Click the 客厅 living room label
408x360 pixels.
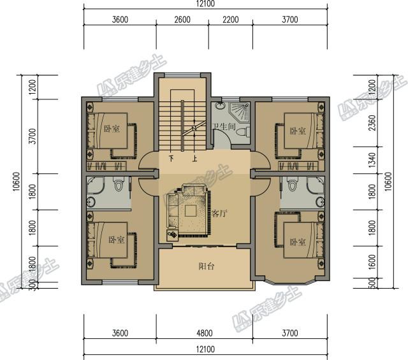pos(219,213)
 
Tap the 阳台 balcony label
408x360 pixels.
pos(207,266)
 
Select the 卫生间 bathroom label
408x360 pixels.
pos(224,127)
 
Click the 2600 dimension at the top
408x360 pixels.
pos(182,20)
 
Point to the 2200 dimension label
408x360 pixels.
pos(230,20)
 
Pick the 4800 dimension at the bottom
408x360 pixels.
pos(204,333)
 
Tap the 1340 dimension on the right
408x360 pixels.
pos(372,160)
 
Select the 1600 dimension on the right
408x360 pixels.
pos(372,263)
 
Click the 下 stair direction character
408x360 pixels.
pos(171,158)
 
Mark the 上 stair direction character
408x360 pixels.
pos(194,158)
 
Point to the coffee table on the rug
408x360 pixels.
pos(191,210)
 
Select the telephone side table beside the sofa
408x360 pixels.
pos(172,235)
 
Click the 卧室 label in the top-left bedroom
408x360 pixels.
pos(112,129)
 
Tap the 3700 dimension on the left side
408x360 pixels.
pos(33,136)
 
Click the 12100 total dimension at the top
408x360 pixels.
pos(205,4)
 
